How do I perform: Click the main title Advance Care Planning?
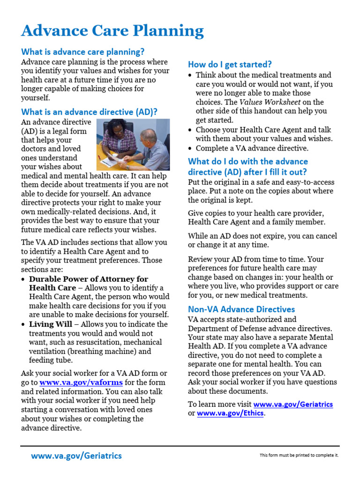point(112,31)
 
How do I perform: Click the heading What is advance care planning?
point(83,52)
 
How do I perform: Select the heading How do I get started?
point(230,64)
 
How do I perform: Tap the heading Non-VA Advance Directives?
point(241,309)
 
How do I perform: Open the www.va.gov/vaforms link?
point(81,382)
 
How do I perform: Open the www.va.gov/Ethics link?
point(231,413)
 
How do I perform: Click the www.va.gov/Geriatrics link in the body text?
point(293,404)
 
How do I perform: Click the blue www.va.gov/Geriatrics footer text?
point(76,456)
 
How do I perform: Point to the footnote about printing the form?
point(299,455)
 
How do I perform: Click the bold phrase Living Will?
point(51,324)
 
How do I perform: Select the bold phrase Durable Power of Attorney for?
point(89,279)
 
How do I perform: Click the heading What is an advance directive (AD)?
point(89,112)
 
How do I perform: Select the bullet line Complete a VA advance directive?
point(252,148)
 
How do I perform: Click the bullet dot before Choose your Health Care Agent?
point(189,130)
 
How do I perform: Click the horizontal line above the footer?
point(180,446)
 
